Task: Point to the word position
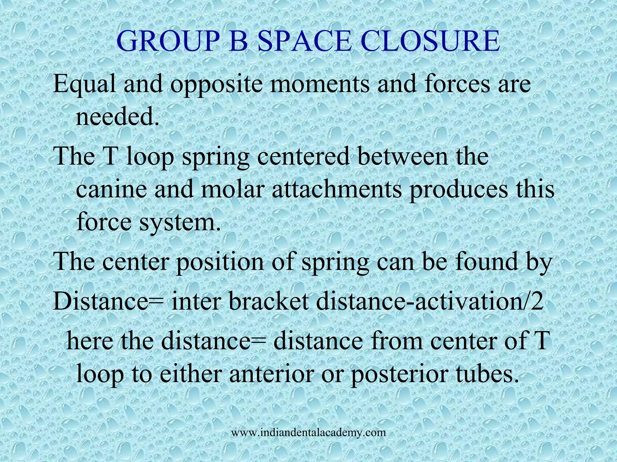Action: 220,261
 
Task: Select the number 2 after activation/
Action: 537,302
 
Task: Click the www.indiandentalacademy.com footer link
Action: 308,433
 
